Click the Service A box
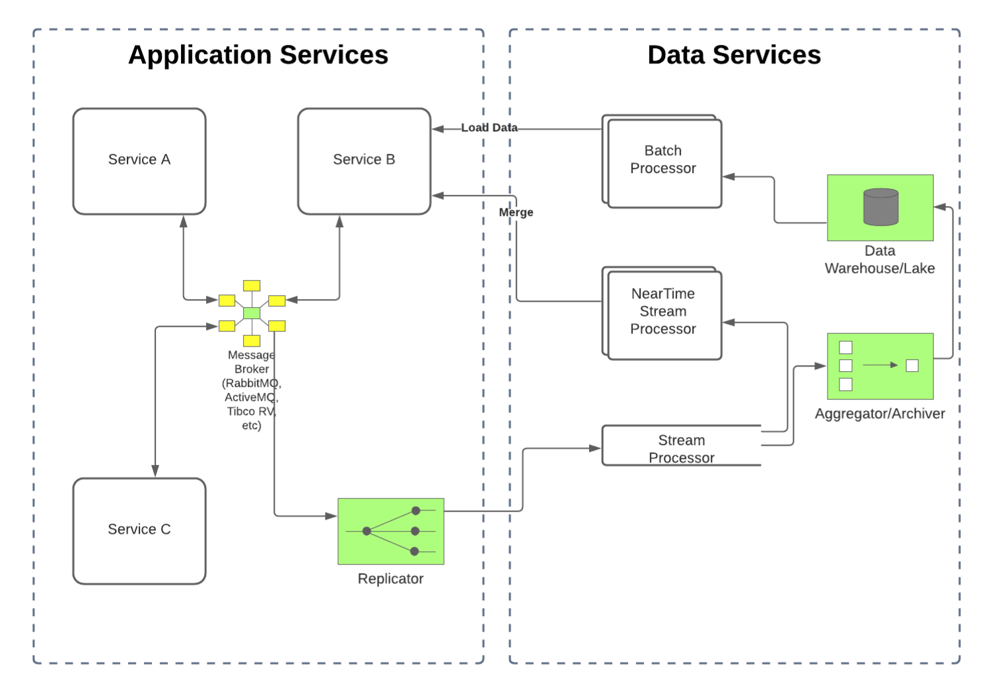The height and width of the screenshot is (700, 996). point(139,161)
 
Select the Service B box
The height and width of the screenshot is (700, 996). point(364,161)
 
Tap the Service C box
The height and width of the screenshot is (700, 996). point(139,531)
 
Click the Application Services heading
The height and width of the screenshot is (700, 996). point(258,55)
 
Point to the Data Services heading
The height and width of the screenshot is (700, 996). point(734,55)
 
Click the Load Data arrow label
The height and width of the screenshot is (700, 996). point(489,127)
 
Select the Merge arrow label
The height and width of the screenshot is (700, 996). point(516,213)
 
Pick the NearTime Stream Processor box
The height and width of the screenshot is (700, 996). point(663,313)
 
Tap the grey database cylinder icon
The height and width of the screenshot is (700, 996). point(880,207)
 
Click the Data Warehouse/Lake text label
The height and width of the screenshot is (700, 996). point(880,260)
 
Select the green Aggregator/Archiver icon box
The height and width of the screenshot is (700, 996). point(880,366)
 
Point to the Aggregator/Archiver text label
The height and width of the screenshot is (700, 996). point(880,413)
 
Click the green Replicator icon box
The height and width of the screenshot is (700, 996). point(390,531)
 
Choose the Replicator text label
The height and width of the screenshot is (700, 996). point(390,578)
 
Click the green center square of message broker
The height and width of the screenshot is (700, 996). point(252,313)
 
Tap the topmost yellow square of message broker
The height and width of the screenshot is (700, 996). point(252,285)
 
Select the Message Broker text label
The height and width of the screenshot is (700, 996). point(252,390)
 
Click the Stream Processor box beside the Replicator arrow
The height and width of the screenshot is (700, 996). point(682,447)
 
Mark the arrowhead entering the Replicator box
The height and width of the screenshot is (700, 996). point(332,516)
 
